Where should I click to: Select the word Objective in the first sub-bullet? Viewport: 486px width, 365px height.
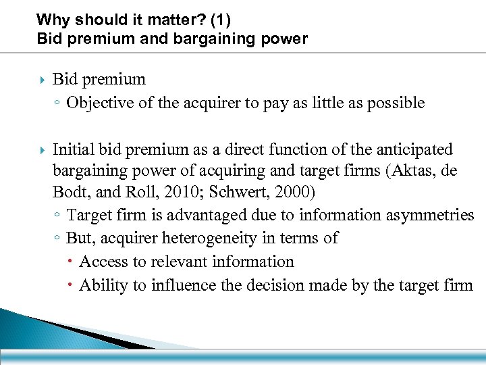[97, 103]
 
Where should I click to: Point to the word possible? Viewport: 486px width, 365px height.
[396, 103]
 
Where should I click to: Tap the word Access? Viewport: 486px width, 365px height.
[103, 262]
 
